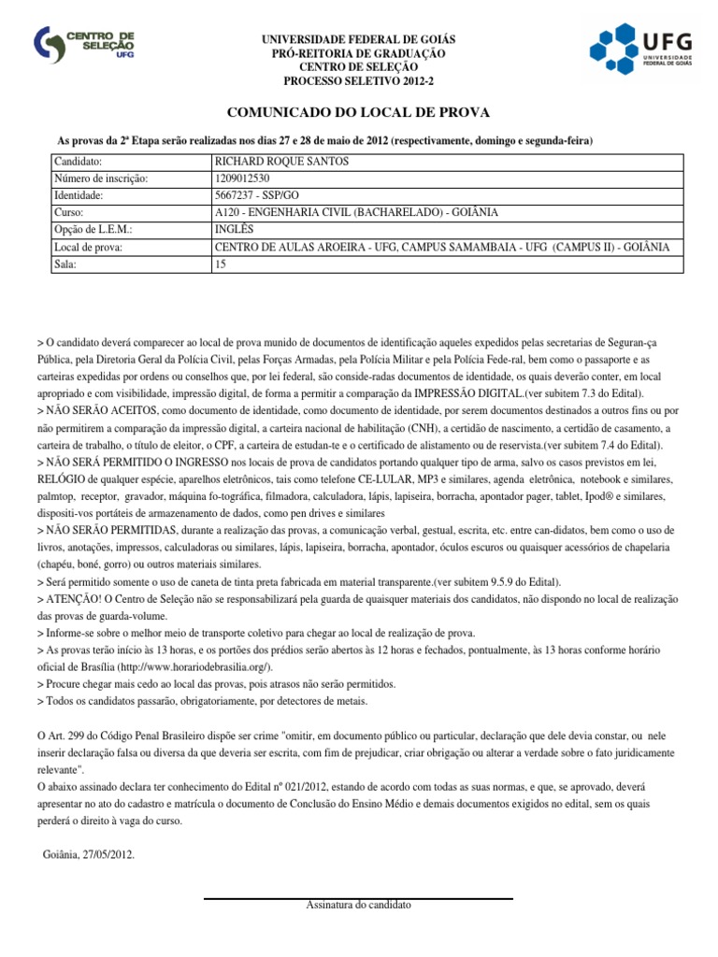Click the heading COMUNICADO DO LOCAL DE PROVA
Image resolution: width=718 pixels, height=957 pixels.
[359, 112]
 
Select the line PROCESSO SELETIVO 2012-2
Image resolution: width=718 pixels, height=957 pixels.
[358, 81]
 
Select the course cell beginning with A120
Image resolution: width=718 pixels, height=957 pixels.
[355, 212]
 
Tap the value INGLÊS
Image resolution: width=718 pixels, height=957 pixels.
[235, 230]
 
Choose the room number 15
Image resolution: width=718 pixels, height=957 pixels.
[221, 264]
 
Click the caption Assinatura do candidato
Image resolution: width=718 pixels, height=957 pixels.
[358, 906]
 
